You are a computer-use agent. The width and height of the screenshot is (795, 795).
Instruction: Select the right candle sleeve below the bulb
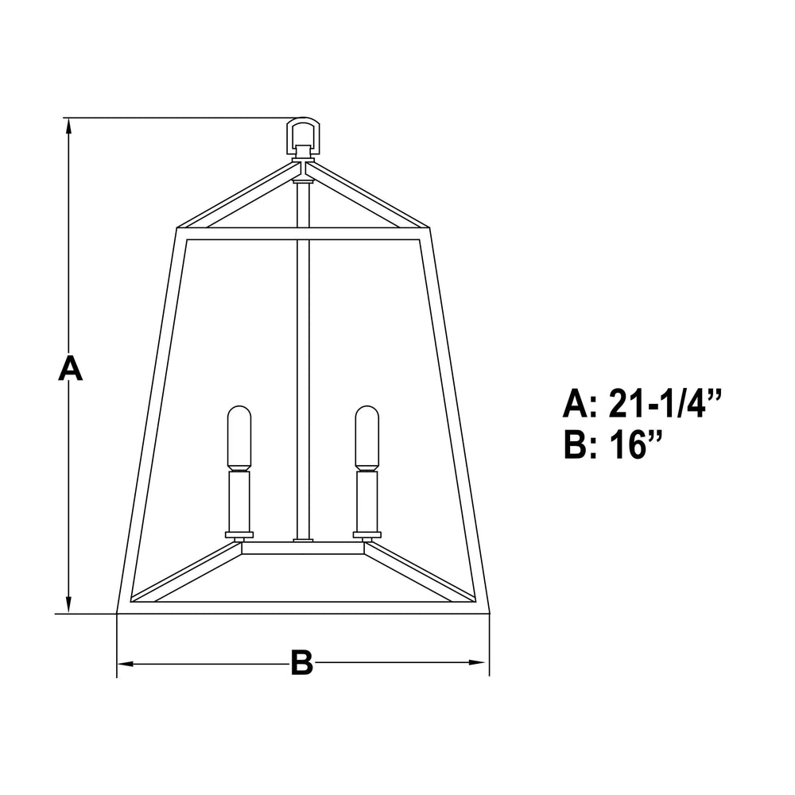[x=366, y=501]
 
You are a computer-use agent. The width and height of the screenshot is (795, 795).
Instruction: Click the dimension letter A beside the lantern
[x=70, y=369]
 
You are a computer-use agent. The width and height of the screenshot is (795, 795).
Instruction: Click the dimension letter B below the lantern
[x=302, y=663]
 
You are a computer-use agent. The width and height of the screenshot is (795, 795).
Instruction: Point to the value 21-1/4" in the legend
[x=665, y=404]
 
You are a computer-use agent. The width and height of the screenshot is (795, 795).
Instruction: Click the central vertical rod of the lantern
[x=302, y=358]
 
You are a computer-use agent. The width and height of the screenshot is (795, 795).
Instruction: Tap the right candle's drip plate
[x=366, y=534]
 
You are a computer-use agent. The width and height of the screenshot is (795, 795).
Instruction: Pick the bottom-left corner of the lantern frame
[x=119, y=612]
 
